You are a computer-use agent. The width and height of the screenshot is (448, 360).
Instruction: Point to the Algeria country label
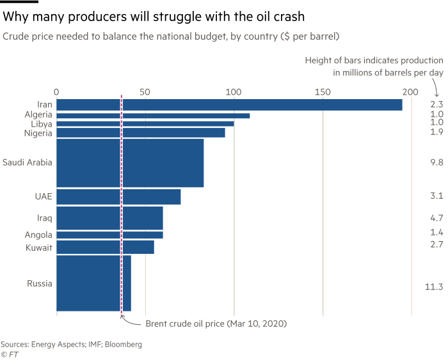[38, 114]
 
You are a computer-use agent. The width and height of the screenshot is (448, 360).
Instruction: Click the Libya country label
[42, 123]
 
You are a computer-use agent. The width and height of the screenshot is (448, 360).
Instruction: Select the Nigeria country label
[38, 132]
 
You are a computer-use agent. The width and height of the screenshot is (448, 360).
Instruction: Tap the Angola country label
[38, 235]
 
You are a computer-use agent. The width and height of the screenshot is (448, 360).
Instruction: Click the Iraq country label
[44, 218]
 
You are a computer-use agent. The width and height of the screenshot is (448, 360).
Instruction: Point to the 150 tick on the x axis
[323, 91]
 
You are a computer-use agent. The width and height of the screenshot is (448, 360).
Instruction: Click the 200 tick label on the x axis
[410, 91]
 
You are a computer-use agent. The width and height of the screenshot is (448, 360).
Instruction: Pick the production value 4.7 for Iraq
[436, 218]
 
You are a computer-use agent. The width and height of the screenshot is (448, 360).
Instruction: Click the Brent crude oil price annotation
[216, 324]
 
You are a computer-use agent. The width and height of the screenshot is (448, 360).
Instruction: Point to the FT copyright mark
[9, 354]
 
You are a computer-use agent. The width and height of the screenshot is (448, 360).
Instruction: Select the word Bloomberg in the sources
[122, 344]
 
